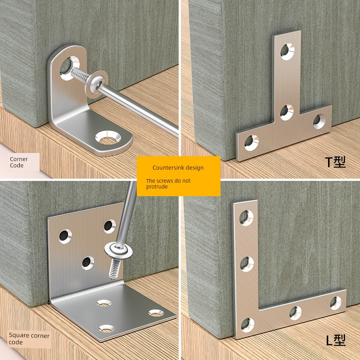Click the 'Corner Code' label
click(x=18, y=162)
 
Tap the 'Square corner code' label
click(x=29, y=339)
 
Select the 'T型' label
click(x=335, y=162)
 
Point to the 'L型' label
click(x=336, y=341)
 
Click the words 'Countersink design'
click(x=178, y=167)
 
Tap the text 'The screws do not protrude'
click(x=168, y=184)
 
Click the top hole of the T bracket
click(x=287, y=51)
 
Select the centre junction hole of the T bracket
click(x=287, y=112)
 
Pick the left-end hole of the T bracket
click(x=251, y=143)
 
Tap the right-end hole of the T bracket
click(x=319, y=121)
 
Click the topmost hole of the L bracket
click(x=246, y=218)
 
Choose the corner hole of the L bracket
click(x=247, y=325)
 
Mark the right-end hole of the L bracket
click(x=336, y=303)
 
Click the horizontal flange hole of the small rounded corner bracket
click(x=108, y=138)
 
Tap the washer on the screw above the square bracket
click(x=118, y=251)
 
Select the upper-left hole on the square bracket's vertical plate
click(x=65, y=236)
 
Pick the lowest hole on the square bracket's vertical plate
click(x=88, y=263)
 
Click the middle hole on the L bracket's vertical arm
click(x=247, y=264)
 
